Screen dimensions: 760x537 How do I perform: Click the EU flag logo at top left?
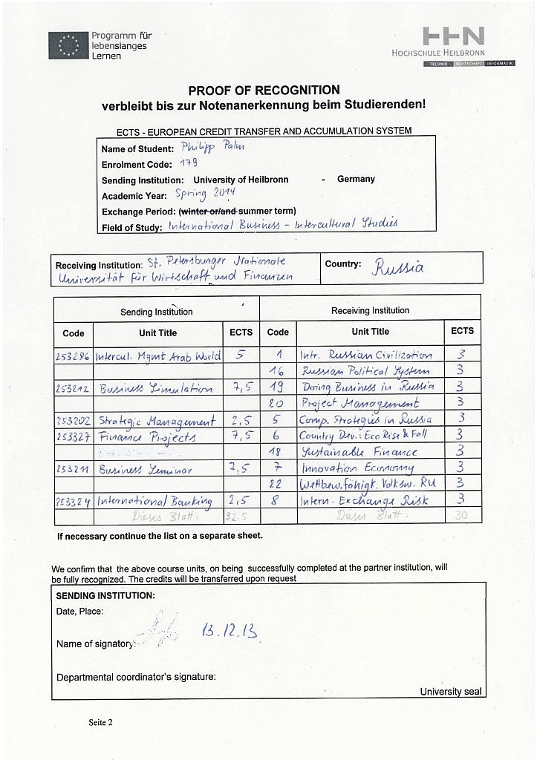[x=68, y=46]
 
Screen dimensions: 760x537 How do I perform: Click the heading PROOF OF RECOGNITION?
[x=264, y=90]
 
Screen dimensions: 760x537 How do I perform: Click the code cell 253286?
[x=73, y=356]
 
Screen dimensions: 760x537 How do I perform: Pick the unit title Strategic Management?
[x=157, y=421]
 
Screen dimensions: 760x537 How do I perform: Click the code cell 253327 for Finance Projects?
[x=73, y=436]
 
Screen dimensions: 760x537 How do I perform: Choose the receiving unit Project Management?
[x=359, y=404]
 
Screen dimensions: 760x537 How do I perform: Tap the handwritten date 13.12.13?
[x=230, y=632]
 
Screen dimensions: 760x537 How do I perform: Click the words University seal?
[x=450, y=691]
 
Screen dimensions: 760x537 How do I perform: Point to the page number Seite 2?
[x=100, y=721]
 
